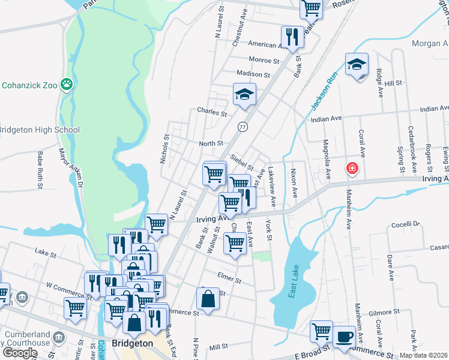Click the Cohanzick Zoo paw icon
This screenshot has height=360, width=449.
point(67,85)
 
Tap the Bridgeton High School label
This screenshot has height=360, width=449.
point(39,130)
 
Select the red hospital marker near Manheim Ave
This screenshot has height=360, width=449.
point(352,169)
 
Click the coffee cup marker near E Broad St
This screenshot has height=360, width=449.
point(344,335)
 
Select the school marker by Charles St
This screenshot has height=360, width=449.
point(244,95)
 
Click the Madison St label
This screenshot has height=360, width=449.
point(253,74)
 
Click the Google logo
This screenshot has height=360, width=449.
point(20,352)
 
